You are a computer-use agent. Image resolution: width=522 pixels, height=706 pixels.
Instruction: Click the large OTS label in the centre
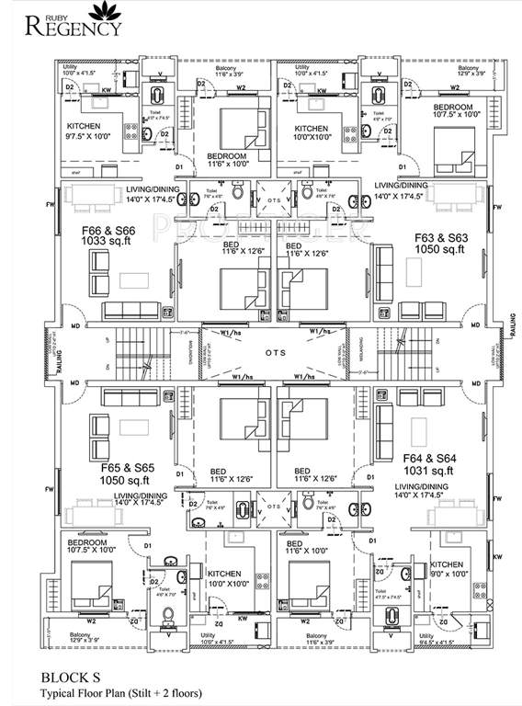click(277, 353)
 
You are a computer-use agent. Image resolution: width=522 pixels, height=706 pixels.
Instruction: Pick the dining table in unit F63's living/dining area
click(454, 196)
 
